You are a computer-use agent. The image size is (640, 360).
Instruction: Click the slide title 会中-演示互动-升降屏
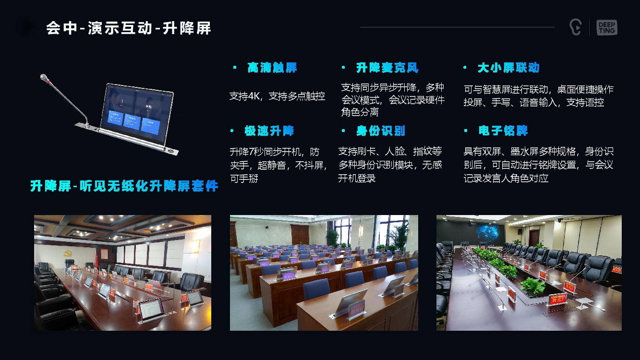point(129,28)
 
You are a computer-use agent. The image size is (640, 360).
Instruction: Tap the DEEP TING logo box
point(606,28)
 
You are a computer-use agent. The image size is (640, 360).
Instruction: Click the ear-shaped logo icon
point(575,27)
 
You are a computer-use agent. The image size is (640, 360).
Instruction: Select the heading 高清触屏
point(272,68)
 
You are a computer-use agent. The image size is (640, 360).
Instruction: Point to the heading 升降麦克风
point(387,68)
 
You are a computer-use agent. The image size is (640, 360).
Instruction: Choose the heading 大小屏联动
point(508,68)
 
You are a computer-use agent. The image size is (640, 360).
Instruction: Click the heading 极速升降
point(269,131)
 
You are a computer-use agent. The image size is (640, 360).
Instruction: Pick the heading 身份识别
point(381,131)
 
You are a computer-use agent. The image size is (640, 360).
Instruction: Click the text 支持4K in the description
point(245,96)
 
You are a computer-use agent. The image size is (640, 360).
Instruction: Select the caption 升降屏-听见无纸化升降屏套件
point(124,186)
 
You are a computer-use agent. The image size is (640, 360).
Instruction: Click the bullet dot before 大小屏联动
point(465,68)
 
